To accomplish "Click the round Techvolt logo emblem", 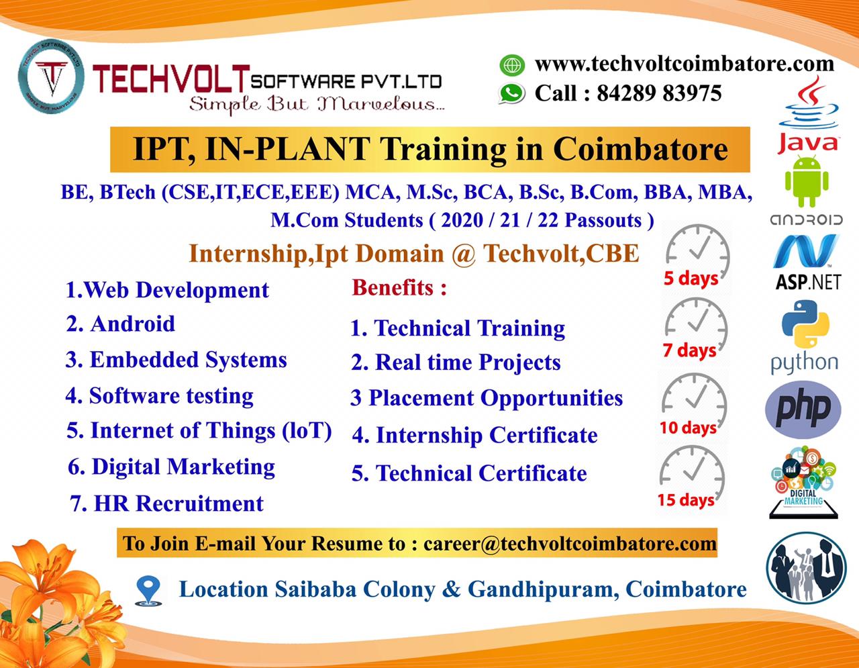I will (x=51, y=77).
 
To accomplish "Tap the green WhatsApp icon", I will (x=512, y=93).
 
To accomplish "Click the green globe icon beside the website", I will (x=512, y=65).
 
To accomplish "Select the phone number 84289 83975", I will (x=658, y=93).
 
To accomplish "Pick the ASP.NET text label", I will (x=808, y=282).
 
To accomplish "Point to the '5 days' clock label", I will (x=691, y=278).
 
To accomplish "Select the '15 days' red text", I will (x=685, y=499).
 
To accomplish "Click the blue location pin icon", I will (x=148, y=590).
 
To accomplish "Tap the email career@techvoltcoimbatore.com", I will (x=570, y=543).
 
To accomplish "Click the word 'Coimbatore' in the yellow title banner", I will (x=640, y=149).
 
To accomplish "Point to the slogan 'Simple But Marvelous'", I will (x=315, y=104).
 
